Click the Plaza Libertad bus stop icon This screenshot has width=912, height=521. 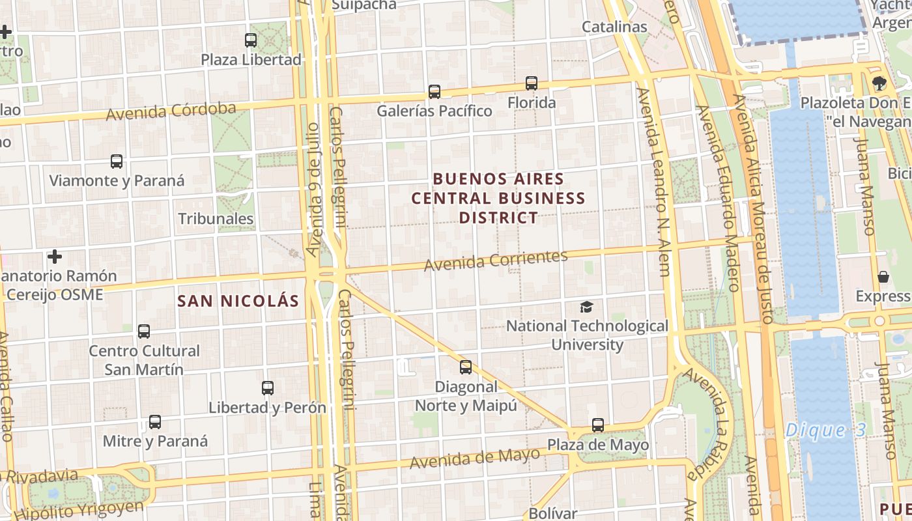click(x=251, y=40)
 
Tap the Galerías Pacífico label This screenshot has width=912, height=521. click(x=435, y=111)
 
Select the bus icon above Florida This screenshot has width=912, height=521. click(x=532, y=83)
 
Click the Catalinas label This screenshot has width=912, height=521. click(x=614, y=27)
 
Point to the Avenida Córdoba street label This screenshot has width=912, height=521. click(x=171, y=111)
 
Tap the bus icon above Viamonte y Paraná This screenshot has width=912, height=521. click(x=117, y=162)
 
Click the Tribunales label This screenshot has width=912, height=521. click(x=216, y=218)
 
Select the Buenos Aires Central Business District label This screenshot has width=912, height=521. click(x=498, y=197)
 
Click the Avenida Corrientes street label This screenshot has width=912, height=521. click(x=496, y=260)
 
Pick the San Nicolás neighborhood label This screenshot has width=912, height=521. click(x=238, y=301)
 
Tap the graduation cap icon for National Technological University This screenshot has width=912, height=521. click(x=587, y=307)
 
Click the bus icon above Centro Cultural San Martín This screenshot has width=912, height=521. click(x=144, y=331)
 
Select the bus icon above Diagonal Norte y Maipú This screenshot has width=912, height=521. click(x=466, y=367)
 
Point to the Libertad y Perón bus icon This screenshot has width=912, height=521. click(x=268, y=388)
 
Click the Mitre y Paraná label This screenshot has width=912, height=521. click(x=156, y=441)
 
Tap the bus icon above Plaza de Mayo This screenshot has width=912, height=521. click(x=598, y=425)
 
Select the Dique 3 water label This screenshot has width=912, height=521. click(x=825, y=430)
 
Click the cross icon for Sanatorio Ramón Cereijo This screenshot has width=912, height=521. click(x=55, y=257)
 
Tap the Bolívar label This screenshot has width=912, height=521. click(x=553, y=513)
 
